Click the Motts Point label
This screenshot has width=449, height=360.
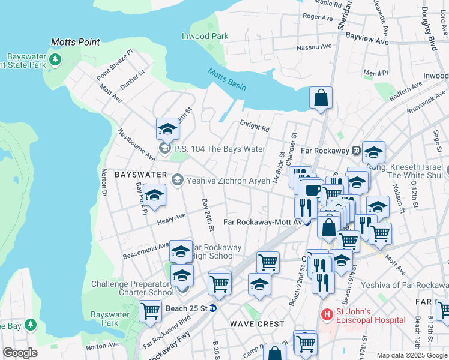point(75,42)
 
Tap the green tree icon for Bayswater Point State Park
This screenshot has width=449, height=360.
point(55,60)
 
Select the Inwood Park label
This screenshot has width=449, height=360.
point(205,36)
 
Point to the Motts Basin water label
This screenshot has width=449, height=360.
point(227,79)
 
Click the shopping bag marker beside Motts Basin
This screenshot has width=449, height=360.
point(321,97)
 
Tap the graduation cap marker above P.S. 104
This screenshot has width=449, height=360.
point(167,128)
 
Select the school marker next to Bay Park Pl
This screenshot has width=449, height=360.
point(154,196)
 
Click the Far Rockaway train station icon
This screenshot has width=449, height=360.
point(356,149)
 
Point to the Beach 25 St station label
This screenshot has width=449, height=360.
point(186,308)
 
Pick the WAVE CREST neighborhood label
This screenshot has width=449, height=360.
point(253,323)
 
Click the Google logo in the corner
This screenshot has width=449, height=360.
point(20,353)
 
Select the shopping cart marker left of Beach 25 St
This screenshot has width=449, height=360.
point(150,311)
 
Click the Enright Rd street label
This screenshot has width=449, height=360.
point(255,127)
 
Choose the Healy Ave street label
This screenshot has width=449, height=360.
point(172,220)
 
